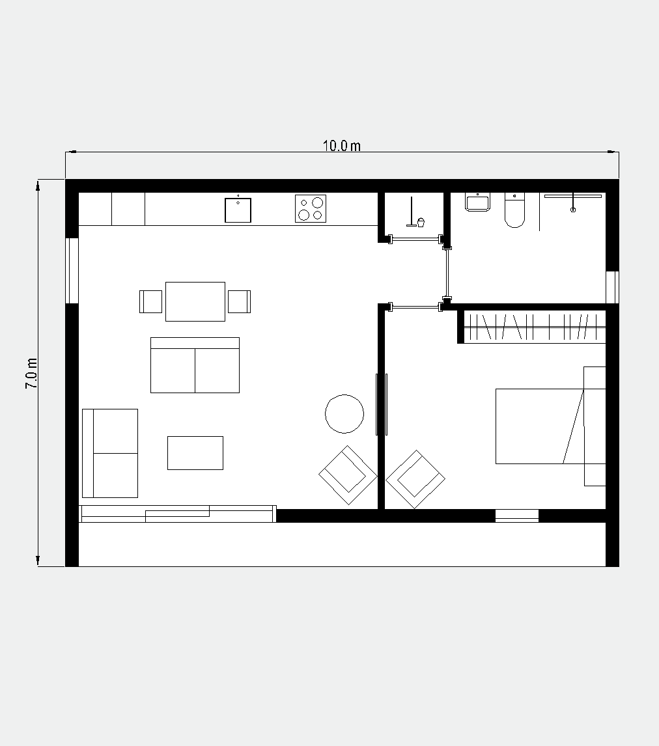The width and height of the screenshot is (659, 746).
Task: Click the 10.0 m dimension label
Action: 342,146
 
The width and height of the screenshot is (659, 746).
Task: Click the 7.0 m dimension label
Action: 31,374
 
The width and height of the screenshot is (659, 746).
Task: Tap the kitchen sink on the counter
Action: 238,210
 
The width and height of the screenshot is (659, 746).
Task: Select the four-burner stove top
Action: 311,208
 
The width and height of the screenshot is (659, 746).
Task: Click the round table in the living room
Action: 344,414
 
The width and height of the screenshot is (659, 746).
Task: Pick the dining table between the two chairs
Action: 195,301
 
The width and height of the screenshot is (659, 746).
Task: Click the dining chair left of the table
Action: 151,301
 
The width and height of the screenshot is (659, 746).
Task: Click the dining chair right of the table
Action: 240,301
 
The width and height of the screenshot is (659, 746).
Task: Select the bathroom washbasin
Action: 478,202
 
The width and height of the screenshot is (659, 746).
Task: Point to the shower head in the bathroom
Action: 573,202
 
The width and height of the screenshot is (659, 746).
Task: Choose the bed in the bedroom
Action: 550,426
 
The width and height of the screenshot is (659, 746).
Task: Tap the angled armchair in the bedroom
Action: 415,479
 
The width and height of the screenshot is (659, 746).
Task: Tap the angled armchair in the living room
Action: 348,475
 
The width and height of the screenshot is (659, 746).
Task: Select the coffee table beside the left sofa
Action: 195,453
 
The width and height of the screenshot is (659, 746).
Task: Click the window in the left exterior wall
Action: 72,270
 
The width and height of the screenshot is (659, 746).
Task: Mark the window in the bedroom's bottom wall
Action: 517,516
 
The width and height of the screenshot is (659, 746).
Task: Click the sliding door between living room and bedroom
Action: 382,404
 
